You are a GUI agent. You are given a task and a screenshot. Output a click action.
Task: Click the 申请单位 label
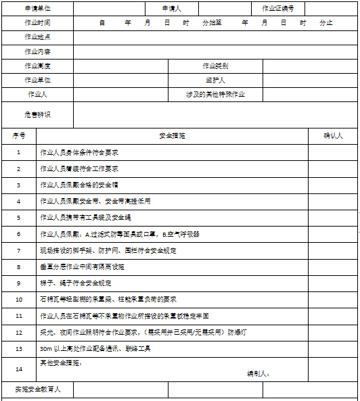point(37,9)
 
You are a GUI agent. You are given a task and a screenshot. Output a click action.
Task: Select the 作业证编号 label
point(278,9)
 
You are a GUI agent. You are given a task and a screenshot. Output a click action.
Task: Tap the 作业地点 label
point(37,37)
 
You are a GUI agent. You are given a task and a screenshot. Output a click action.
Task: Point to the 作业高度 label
point(37,66)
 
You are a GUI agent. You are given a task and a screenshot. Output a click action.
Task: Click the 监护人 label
point(215,80)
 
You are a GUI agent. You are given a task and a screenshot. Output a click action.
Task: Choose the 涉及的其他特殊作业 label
point(215,94)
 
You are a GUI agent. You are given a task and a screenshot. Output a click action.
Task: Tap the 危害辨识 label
point(37,114)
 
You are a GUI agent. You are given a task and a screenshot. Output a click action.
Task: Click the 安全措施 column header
point(172,135)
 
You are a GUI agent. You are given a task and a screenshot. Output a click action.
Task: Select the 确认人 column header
point(333,135)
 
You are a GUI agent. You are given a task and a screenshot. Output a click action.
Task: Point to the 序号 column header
point(19,135)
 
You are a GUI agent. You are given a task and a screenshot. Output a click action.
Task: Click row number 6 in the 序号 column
point(19,234)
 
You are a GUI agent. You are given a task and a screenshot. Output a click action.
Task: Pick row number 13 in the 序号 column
point(19,348)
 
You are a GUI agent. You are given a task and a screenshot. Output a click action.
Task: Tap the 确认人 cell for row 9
point(333,283)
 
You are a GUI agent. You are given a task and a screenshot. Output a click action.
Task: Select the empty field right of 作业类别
point(310,66)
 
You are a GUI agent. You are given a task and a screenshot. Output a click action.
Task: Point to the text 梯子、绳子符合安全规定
point(76,283)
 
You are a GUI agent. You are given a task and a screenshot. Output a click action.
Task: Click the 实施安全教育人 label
point(37,390)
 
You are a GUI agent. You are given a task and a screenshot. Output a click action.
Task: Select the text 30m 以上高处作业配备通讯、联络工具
point(95,348)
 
